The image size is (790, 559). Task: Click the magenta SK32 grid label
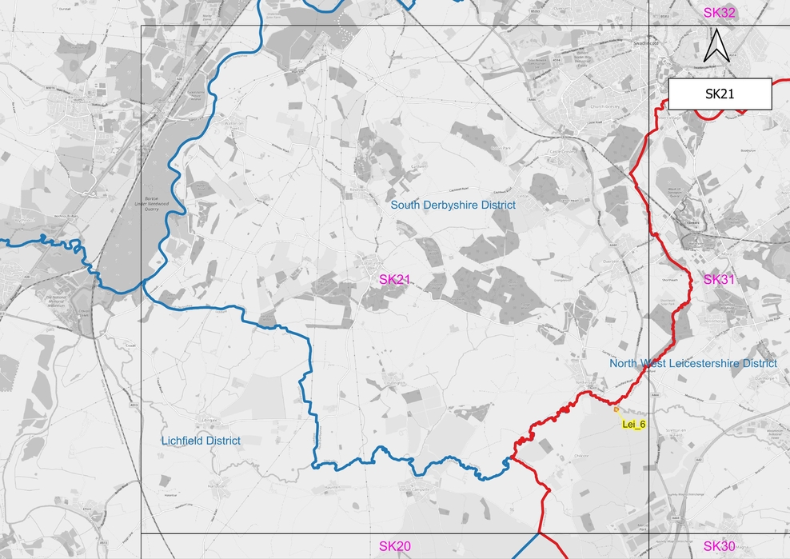719,13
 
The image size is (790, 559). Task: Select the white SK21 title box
720,94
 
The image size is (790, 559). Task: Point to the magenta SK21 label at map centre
394,279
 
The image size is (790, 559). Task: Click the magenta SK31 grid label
719,279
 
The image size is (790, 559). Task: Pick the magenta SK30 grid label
719,546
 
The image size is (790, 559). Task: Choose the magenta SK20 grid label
394,546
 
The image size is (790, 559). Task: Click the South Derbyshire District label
453,206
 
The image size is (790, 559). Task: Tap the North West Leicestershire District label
693,363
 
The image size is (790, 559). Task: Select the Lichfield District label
201,441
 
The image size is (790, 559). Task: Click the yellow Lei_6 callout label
632,424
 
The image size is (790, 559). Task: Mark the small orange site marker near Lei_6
617,410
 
